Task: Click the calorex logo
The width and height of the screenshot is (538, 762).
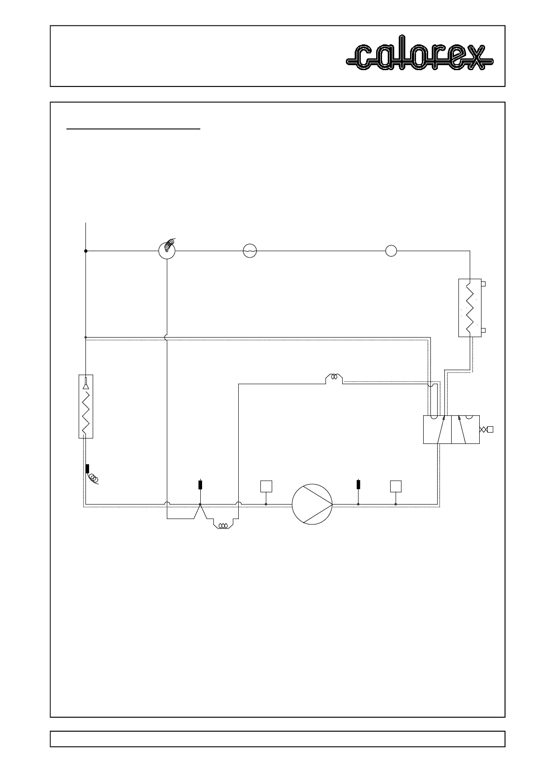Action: pyautogui.click(x=420, y=57)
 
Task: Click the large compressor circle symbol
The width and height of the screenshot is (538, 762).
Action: pyautogui.click(x=312, y=504)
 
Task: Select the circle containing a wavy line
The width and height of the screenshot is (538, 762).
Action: pyautogui.click(x=250, y=251)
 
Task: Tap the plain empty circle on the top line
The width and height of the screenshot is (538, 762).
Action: pyautogui.click(x=391, y=251)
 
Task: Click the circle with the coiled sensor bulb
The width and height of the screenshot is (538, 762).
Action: pyautogui.click(x=167, y=251)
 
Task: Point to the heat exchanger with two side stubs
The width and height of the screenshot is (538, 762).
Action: pyautogui.click(x=470, y=308)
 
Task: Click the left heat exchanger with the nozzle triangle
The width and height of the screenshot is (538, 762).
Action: pyautogui.click(x=85, y=406)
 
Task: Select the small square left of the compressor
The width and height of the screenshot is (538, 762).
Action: pyautogui.click(x=266, y=486)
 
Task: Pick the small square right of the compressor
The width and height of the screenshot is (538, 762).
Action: pyautogui.click(x=396, y=486)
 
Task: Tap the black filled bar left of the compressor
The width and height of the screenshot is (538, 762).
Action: pyautogui.click(x=200, y=485)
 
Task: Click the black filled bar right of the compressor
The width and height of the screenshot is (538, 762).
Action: pyautogui.click(x=359, y=485)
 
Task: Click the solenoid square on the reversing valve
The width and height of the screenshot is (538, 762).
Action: pyautogui.click(x=490, y=429)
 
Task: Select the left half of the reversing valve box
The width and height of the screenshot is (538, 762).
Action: pyautogui.click(x=437, y=430)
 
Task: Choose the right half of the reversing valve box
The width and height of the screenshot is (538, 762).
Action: pyautogui.click(x=465, y=430)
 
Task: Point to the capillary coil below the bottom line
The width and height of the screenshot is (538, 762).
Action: pyautogui.click(x=222, y=526)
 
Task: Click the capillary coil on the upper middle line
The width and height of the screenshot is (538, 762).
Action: pyautogui.click(x=335, y=376)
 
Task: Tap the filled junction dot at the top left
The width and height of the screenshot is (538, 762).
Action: pyautogui.click(x=85, y=251)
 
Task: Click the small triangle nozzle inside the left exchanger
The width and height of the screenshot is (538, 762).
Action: pyautogui.click(x=85, y=386)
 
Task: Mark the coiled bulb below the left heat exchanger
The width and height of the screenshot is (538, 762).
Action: pyautogui.click(x=94, y=478)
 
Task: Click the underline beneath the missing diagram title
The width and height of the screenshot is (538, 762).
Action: pyautogui.click(x=133, y=129)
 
